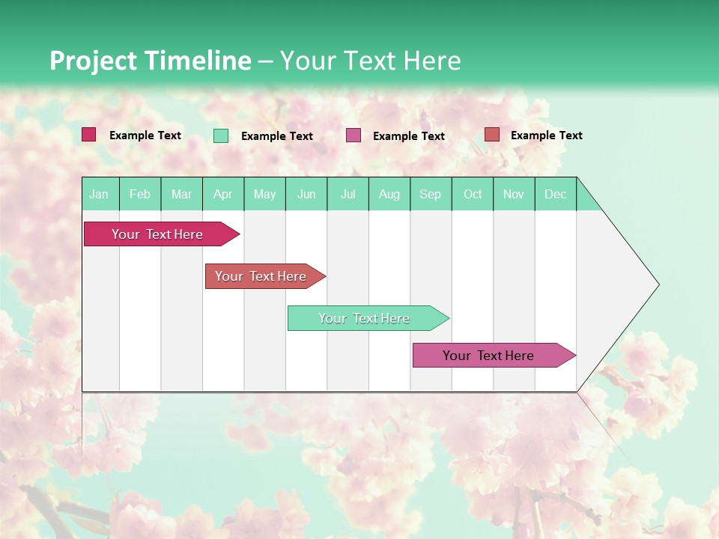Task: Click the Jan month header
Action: point(99,194)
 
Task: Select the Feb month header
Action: point(140,194)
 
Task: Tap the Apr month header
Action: point(222,194)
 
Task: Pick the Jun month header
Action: point(306,194)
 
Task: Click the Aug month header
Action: point(389,194)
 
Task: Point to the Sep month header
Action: point(430,194)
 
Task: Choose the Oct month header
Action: point(473,194)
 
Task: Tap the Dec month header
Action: point(555,194)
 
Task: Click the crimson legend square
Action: point(89,135)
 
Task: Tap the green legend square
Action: point(221,135)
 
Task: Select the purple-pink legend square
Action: point(354,135)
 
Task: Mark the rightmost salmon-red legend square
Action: point(491,135)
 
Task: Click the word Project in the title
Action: point(94,61)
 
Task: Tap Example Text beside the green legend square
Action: point(277,136)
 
